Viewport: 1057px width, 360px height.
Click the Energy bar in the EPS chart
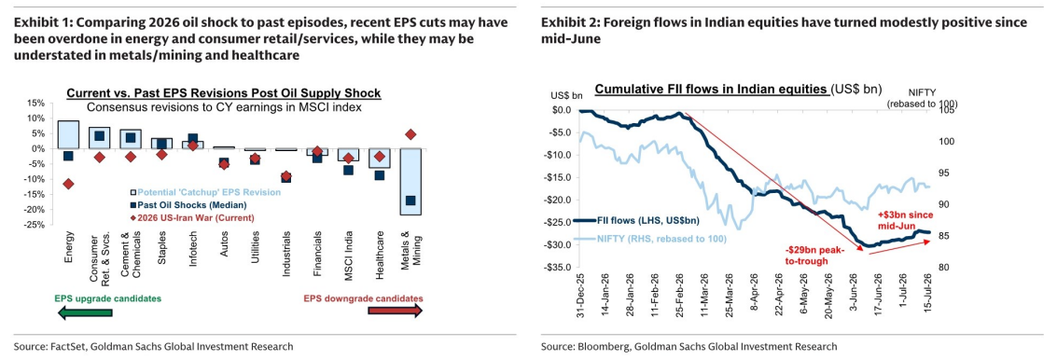click(x=68, y=134)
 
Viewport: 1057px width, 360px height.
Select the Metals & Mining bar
click(x=411, y=181)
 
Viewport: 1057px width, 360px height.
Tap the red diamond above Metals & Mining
click(x=411, y=134)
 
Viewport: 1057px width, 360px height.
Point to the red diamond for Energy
click(x=68, y=184)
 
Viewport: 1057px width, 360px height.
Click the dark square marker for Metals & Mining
click(x=411, y=201)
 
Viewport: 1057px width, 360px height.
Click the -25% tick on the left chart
click(x=36, y=225)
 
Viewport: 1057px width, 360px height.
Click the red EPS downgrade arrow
click(x=395, y=311)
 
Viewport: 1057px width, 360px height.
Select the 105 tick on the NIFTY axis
click(x=944, y=110)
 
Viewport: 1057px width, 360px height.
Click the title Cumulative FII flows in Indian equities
click(x=711, y=90)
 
